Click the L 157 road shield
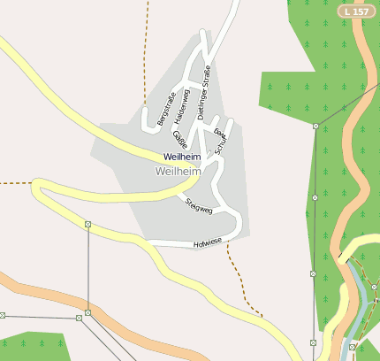click(355, 12)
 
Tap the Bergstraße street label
click(166, 106)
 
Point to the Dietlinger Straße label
click(203, 92)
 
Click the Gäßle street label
click(179, 139)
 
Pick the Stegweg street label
click(199, 207)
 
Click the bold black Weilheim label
click(182, 157)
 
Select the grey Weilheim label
click(178, 170)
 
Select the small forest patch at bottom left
click(32, 346)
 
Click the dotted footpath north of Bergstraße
click(144, 53)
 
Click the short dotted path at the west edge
click(15, 183)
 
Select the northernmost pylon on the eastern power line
click(315, 127)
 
